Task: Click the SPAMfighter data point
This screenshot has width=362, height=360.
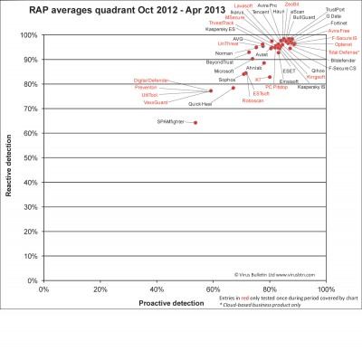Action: pyautogui.click(x=195, y=122)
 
